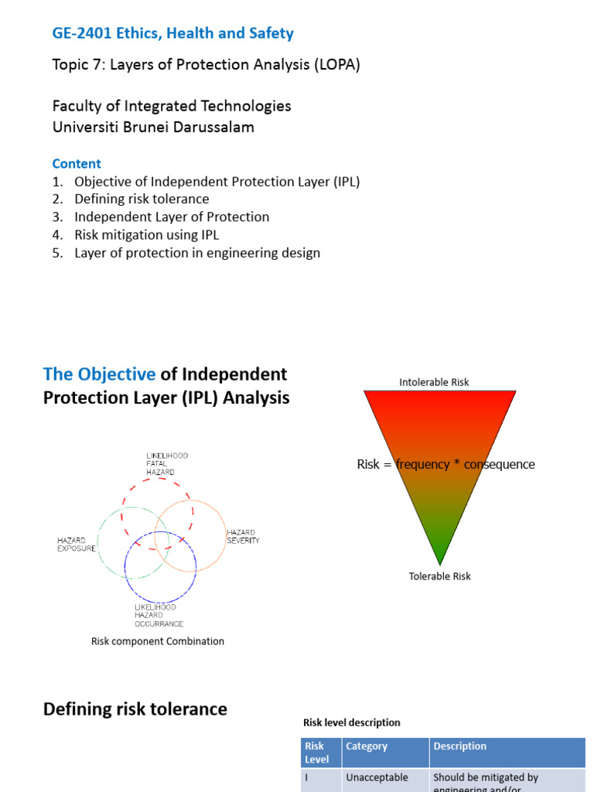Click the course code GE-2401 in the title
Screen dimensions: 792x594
coord(81,33)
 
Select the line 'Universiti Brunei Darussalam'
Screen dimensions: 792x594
coord(152,127)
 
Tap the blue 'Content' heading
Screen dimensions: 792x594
coord(77,163)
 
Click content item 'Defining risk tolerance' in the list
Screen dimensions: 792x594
coord(142,200)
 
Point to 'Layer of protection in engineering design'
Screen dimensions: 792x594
coord(196,253)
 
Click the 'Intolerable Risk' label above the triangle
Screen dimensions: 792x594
coord(434,382)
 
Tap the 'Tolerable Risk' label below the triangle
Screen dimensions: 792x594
coord(439,576)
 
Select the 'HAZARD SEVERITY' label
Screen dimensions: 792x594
coord(243,537)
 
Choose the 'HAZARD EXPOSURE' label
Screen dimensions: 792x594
coord(77,544)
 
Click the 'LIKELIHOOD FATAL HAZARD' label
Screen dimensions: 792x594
coord(166,464)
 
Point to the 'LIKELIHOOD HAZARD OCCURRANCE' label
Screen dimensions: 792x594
coord(159,616)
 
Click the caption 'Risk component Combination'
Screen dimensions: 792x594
coord(158,641)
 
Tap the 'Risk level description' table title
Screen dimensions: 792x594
coord(351,722)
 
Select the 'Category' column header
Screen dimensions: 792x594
coord(367,746)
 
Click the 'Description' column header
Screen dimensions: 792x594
coord(459,746)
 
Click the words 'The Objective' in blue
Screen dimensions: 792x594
coord(99,374)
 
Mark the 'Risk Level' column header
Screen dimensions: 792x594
coord(317,753)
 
